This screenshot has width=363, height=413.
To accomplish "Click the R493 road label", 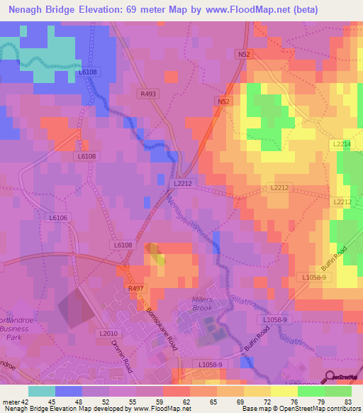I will [x=148, y=93].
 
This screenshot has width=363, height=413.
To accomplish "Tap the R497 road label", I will [x=135, y=288].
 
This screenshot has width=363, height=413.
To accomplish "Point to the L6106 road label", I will [x=58, y=218].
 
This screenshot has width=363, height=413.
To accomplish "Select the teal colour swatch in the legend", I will [x=42, y=391].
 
